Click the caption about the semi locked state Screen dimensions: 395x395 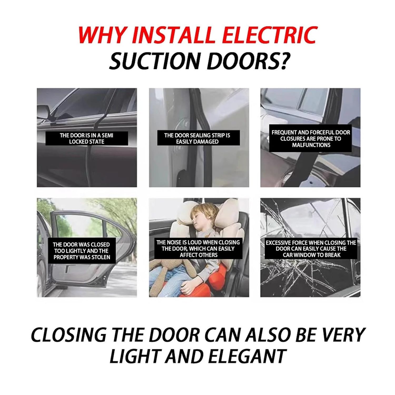pos(86,139)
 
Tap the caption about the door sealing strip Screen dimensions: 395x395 pos(197,139)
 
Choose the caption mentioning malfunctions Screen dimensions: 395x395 pos(311,139)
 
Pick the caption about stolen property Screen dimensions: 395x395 pos(81,251)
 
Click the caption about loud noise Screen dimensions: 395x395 pos(198,249)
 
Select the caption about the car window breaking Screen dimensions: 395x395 pos(311,249)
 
